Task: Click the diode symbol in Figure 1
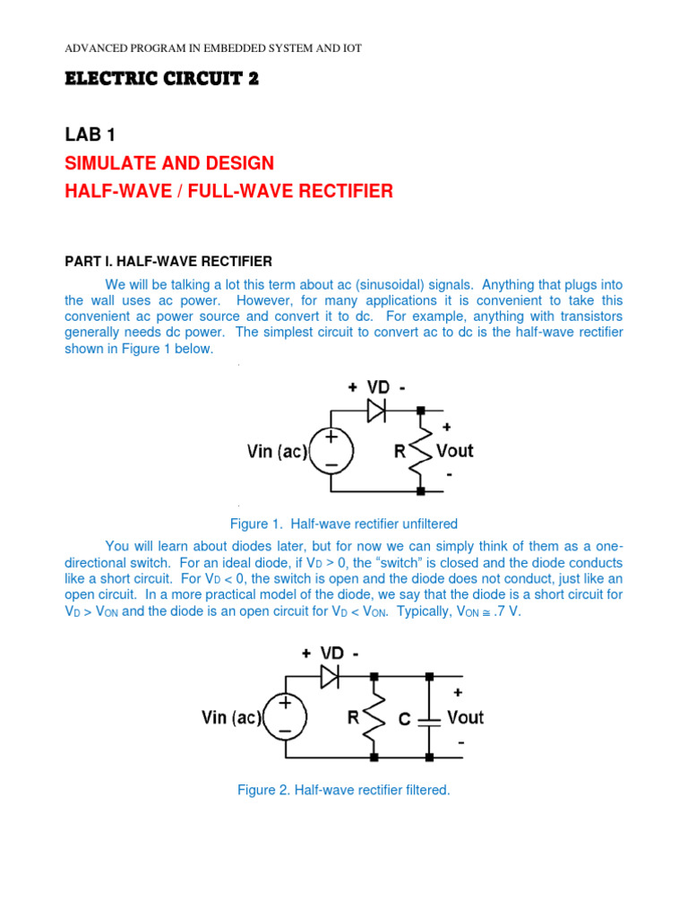pos(376,410)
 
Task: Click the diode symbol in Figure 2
pos(330,676)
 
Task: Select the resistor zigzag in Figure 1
pos(421,451)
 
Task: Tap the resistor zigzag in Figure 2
pos(374,716)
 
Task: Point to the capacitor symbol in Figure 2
pos(430,717)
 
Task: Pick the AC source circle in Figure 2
pos(285,717)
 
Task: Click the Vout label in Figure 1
pos(453,450)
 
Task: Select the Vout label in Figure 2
pos(465,716)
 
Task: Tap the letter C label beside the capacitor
pos(405,717)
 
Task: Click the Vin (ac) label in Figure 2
pos(229,717)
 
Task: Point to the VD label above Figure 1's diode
pos(379,386)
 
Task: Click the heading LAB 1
pos(90,134)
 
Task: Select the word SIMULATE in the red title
pos(111,163)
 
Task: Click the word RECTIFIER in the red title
pos(342,191)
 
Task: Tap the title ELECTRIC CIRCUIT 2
pos(161,79)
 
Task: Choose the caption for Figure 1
pos(344,524)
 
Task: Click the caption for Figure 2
pos(343,790)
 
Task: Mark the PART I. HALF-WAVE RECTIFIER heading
pos(168,261)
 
